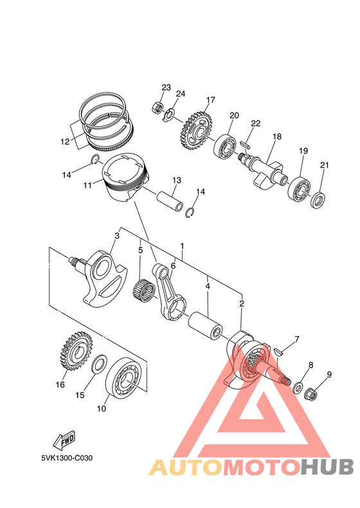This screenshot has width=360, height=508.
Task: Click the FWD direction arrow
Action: coord(65,440)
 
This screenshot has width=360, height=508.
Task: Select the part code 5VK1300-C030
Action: coord(66,458)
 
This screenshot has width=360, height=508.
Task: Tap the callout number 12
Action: coord(65,141)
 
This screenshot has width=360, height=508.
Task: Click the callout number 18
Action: coord(277,137)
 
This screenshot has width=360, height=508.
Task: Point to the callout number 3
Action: coord(116,236)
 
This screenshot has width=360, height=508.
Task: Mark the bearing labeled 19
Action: coord(298,186)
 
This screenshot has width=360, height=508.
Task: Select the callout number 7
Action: coord(297,338)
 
